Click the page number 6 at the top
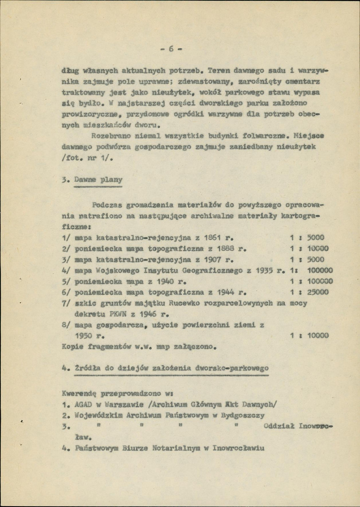(x=172, y=49)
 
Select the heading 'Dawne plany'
(x=98, y=179)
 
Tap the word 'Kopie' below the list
(x=71, y=347)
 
